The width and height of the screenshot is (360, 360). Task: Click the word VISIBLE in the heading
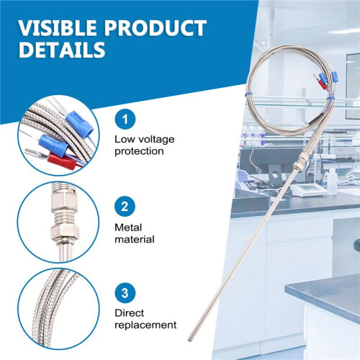pos(58,28)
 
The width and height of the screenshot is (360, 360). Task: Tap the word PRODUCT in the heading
pos(156,28)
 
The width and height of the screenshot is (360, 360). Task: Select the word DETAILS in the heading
pos(62,50)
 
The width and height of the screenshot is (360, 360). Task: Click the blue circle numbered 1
pos(125,120)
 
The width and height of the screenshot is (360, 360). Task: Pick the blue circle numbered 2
pos(125,207)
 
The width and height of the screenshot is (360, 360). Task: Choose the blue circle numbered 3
pos(125,293)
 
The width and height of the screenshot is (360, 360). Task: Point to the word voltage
pos(156,140)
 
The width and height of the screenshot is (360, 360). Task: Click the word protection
pos(139,152)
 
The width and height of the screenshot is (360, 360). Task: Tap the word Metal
pos(128,228)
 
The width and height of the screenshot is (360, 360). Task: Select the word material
pos(135,239)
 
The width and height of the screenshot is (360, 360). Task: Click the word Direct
pos(129,313)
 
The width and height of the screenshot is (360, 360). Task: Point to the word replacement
pos(145,325)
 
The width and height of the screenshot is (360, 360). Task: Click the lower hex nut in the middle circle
pos(64,232)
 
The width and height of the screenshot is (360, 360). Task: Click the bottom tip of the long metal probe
pos(189,339)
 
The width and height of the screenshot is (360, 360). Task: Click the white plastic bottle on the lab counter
pos(332,181)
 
